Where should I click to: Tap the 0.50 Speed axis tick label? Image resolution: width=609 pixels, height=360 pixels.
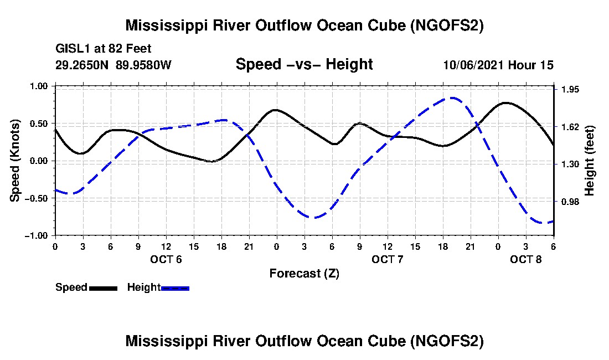pyautogui.click(x=39, y=124)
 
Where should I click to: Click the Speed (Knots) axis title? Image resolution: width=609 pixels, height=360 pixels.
pyautogui.click(x=16, y=161)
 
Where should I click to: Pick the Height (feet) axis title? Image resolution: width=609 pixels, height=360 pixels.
pyautogui.click(x=590, y=161)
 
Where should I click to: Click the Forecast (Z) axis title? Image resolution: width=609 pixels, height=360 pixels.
pyautogui.click(x=304, y=273)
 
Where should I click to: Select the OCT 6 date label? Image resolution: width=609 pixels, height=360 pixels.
pyautogui.click(x=166, y=259)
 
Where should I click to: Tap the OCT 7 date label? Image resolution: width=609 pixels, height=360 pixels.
pyautogui.click(x=387, y=259)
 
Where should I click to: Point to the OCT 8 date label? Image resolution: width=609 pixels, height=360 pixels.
pyautogui.click(x=525, y=259)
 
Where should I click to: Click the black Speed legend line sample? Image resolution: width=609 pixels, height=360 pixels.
pyautogui.click(x=103, y=288)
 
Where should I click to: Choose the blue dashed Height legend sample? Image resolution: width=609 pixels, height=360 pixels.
pyautogui.click(x=175, y=288)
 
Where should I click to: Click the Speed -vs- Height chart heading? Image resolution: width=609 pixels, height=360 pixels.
pyautogui.click(x=304, y=64)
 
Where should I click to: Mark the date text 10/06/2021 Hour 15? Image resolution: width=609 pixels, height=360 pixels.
pyautogui.click(x=498, y=65)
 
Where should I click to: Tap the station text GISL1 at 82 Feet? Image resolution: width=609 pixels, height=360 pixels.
pyautogui.click(x=103, y=49)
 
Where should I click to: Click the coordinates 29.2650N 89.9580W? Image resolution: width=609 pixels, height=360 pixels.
pyautogui.click(x=113, y=65)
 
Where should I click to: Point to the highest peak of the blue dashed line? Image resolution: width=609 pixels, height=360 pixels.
pyautogui.click(x=453, y=98)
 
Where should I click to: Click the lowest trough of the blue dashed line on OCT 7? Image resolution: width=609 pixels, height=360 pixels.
pyautogui.click(x=314, y=218)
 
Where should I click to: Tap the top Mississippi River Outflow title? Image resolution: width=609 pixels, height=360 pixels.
pyautogui.click(x=304, y=25)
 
